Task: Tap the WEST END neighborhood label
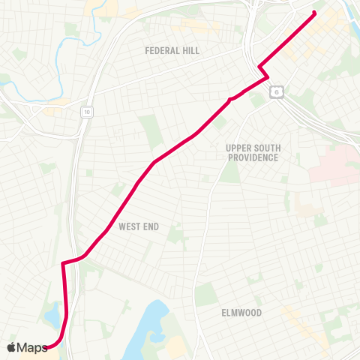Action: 138,226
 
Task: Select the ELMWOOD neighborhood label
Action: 241,312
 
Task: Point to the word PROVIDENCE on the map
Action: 253,157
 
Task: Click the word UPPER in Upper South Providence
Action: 239,148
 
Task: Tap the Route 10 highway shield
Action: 87,111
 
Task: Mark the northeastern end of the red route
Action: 314,12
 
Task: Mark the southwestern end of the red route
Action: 51,346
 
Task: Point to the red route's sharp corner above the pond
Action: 62,263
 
